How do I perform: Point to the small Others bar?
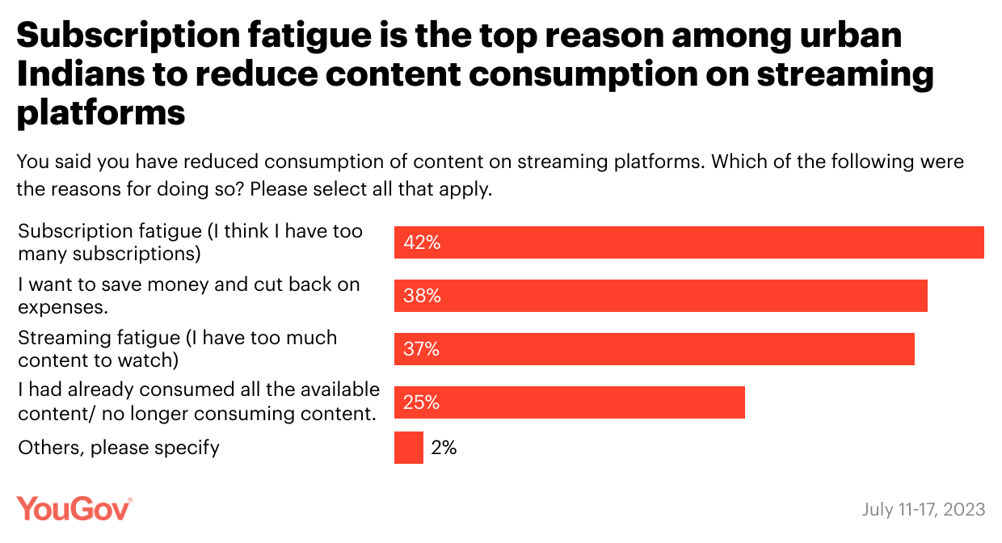(409, 448)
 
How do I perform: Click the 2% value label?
(444, 448)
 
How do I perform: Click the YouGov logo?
(74, 508)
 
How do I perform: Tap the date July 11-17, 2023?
(924, 509)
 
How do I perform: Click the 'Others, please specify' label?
(119, 448)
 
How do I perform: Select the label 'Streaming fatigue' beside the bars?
(178, 348)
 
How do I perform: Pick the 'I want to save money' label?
(189, 295)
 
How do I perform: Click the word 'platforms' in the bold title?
(102, 112)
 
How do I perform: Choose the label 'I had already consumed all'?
(199, 402)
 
